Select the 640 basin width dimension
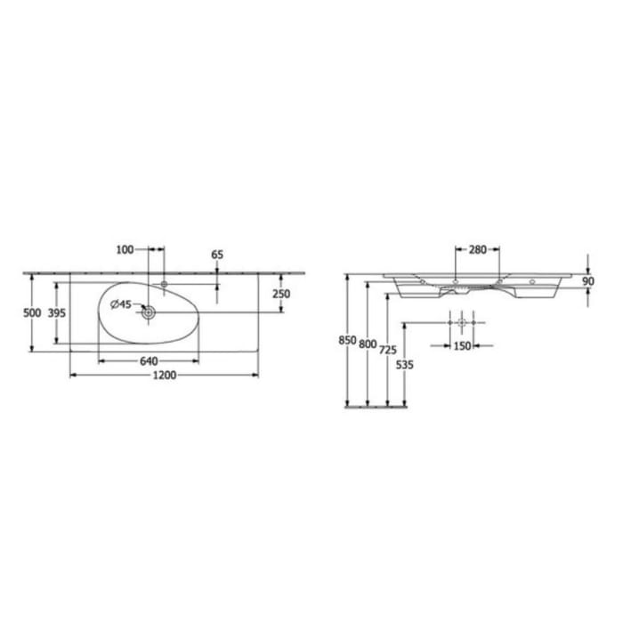(148, 360)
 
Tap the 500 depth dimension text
(32, 313)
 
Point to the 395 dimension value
(57, 313)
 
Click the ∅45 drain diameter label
(121, 305)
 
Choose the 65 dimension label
(217, 255)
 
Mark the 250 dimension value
(281, 295)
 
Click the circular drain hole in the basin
(148, 311)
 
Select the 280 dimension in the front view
(477, 250)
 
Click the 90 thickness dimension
(587, 282)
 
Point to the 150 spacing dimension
(461, 346)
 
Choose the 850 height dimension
(347, 341)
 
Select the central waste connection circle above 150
(462, 321)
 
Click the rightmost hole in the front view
(532, 282)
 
